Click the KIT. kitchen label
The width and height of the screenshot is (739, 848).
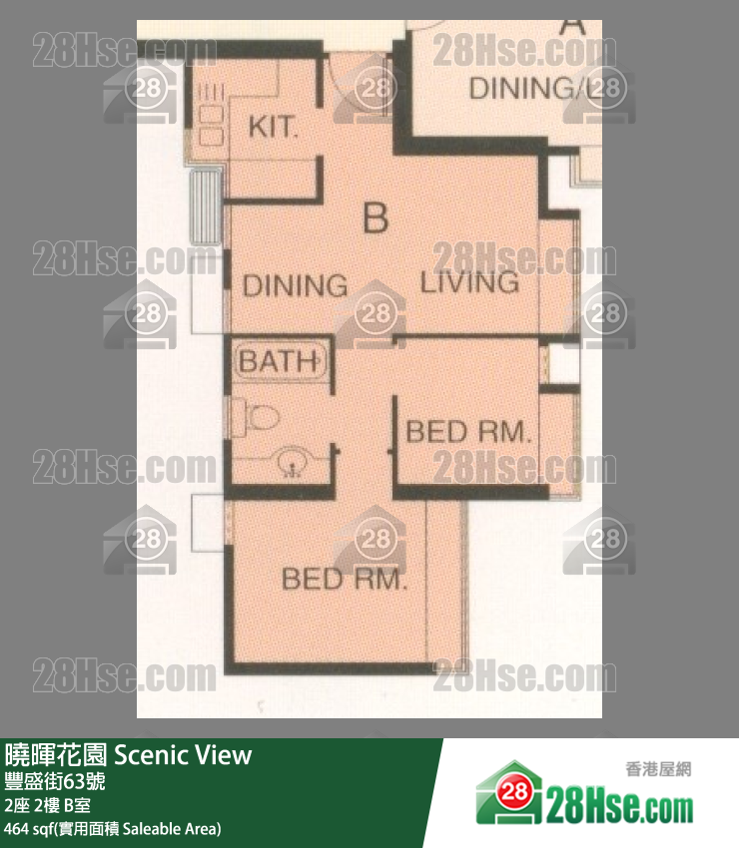[x=273, y=128]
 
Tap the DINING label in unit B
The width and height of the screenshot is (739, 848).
[x=295, y=285]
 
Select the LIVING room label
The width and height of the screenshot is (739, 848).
[x=470, y=283]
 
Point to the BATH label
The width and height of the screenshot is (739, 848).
[x=280, y=361]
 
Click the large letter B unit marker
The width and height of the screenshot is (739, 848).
[x=375, y=217]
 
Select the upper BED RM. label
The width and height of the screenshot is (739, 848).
[x=468, y=432]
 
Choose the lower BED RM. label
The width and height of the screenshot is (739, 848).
[x=344, y=580]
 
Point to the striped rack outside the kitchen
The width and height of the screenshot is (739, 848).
[x=206, y=207]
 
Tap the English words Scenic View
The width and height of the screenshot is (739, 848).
[x=183, y=755]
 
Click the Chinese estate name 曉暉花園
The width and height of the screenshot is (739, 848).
[x=56, y=755]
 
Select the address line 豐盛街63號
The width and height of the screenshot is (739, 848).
[x=55, y=781]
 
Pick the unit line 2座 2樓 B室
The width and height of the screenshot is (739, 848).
[x=48, y=805]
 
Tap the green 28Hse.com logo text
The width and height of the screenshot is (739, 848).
[x=619, y=804]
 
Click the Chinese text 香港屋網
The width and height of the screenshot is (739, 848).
[x=658, y=769]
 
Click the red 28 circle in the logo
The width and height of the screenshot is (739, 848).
[x=514, y=793]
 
